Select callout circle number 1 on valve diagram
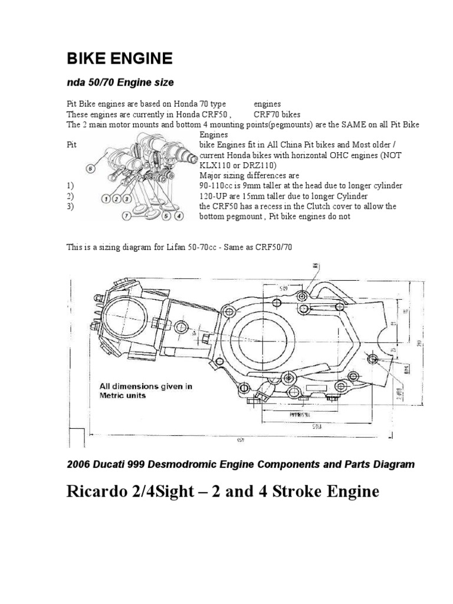click(105, 199)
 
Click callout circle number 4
click(179, 216)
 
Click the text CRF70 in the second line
click(265, 114)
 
